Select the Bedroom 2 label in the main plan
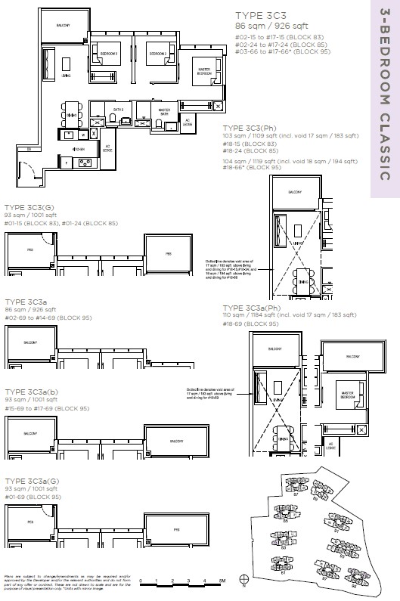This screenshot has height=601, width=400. click(x=157, y=54)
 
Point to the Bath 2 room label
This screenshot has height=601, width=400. click(x=118, y=110)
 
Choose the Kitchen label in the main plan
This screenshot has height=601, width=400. click(x=81, y=150)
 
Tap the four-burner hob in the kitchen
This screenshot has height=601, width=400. click(x=84, y=161)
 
